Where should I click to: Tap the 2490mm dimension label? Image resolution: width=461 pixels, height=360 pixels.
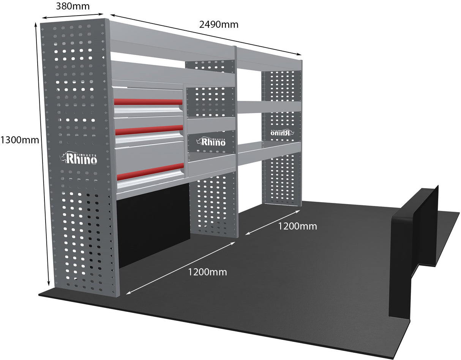[219, 24]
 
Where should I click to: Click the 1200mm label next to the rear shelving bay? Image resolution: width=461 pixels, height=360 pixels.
[297, 226]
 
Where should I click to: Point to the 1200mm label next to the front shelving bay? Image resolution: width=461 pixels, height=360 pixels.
[207, 272]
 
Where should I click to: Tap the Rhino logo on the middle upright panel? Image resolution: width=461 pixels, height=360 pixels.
[211, 141]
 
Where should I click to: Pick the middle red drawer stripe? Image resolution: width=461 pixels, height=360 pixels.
[148, 129]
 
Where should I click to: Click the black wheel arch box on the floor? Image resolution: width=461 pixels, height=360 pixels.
[413, 250]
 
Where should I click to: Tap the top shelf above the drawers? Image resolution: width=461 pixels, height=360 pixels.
[173, 72]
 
